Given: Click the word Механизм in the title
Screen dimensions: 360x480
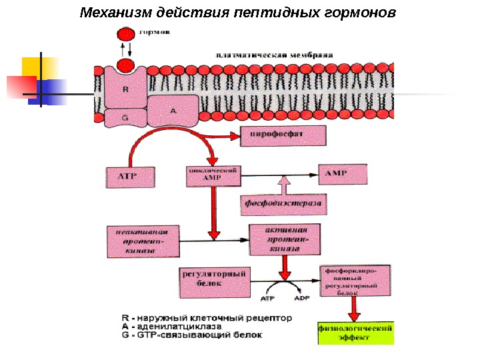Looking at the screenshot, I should (x=116, y=13).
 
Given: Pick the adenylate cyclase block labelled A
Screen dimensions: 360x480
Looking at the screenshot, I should (x=172, y=111).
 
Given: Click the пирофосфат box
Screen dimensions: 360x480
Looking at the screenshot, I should (x=283, y=137).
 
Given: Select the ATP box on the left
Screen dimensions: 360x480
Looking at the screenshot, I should (x=131, y=177).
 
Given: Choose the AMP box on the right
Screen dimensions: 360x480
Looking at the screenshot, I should (x=342, y=175).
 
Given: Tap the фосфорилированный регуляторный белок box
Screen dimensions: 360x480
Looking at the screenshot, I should (x=355, y=281).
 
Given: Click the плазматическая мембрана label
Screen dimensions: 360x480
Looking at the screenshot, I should (x=274, y=54).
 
